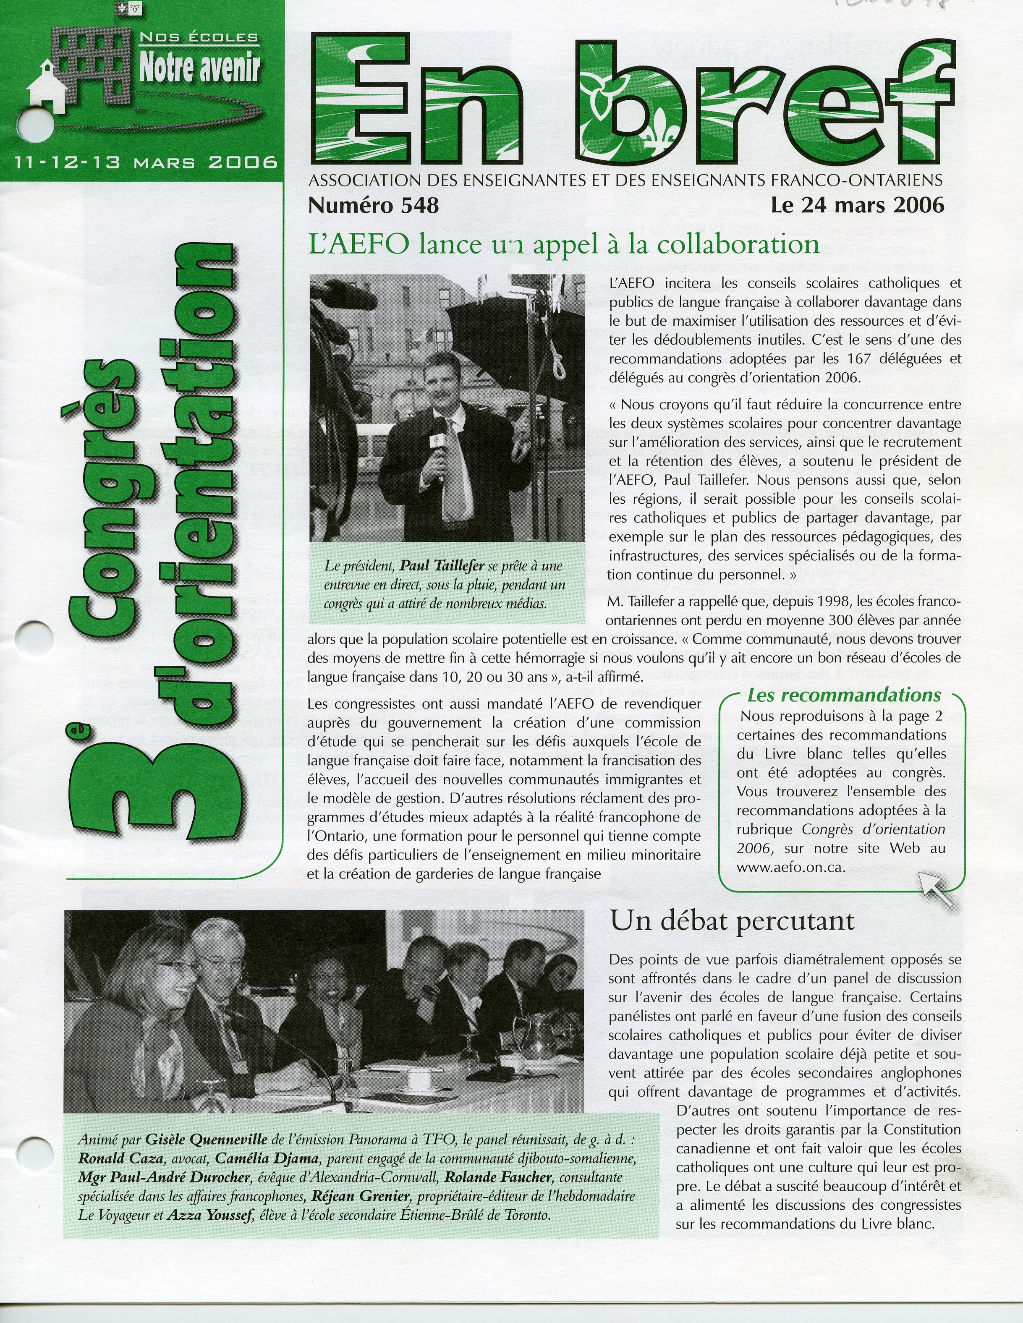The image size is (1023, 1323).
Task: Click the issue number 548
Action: [373, 205]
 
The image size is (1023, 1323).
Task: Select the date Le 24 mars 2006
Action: [857, 205]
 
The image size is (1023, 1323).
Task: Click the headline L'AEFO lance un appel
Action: [563, 244]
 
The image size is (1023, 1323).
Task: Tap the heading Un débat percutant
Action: [732, 921]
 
